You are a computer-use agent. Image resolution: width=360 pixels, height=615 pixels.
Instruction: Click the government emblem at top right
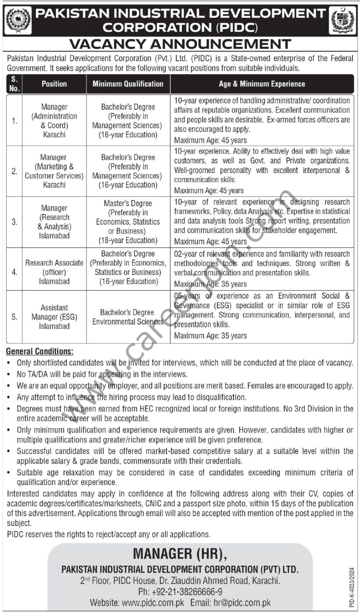(x=343, y=21)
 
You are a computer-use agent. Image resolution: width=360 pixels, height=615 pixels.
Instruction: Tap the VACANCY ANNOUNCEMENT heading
(x=180, y=45)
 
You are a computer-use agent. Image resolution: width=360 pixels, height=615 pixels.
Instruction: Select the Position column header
(x=54, y=84)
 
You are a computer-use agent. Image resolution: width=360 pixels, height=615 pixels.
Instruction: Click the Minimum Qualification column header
(x=128, y=84)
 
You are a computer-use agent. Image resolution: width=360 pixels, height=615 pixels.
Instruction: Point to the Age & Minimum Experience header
(x=262, y=84)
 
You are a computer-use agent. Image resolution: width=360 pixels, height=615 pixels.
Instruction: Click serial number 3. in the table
(x=15, y=222)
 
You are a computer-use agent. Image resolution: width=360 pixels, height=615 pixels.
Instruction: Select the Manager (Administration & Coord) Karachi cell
(x=54, y=121)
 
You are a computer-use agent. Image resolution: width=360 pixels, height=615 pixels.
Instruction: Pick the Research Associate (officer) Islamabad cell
(x=54, y=272)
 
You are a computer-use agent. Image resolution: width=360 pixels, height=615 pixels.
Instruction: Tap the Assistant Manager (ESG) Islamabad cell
(x=54, y=317)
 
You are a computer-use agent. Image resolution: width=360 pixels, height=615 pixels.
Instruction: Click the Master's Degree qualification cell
(x=128, y=222)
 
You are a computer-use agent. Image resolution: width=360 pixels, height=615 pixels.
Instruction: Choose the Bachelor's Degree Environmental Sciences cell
(x=128, y=317)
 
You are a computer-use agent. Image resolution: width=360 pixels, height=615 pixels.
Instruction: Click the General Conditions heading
(x=39, y=351)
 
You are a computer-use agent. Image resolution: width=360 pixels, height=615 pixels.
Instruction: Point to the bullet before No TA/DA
(x=10, y=375)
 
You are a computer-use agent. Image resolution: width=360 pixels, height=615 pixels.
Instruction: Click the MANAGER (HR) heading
(x=180, y=554)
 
